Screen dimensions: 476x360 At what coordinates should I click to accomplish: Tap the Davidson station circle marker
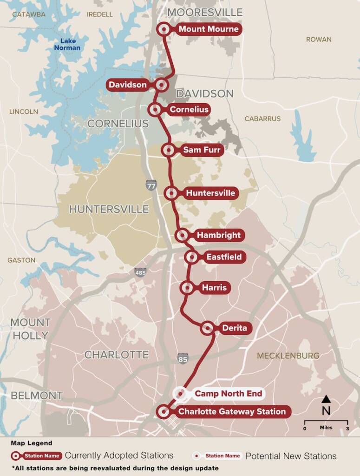point(161,85)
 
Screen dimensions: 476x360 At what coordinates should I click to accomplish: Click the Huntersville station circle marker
point(171,193)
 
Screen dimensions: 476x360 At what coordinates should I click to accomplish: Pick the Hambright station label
point(218,235)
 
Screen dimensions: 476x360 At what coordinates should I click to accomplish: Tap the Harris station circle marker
point(187,288)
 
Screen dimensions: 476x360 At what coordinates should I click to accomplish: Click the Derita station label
point(234,328)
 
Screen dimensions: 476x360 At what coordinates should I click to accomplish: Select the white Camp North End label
point(228,394)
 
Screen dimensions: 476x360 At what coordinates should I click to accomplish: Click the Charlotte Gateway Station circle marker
point(163,411)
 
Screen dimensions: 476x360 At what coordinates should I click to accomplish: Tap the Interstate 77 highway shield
point(151,185)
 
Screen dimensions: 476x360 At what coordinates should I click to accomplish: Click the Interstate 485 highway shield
point(140,272)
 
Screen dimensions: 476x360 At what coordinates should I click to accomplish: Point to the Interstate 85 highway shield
point(183,358)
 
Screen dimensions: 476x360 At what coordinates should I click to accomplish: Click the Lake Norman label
point(67,44)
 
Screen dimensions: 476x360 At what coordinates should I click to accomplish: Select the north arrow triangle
point(326,399)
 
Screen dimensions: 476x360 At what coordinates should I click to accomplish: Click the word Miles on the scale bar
point(326,427)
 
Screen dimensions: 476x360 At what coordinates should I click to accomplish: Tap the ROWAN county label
point(319,40)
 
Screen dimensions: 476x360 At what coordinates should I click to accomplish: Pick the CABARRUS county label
point(262,119)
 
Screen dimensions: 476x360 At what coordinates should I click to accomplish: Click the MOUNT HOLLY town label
point(30,329)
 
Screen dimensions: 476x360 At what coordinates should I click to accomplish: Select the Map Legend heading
point(32,443)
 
